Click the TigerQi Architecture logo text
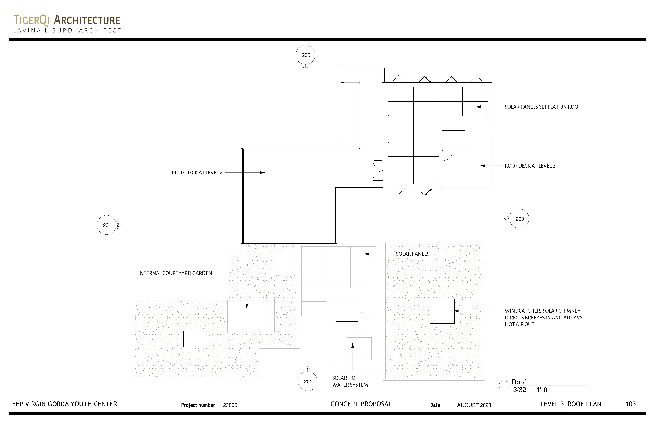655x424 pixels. click(x=67, y=20)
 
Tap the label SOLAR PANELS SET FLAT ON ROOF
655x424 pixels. click(x=542, y=107)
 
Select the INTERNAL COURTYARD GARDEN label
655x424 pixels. click(x=175, y=273)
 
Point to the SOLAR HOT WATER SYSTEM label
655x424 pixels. click(x=350, y=381)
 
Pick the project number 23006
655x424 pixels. click(x=230, y=405)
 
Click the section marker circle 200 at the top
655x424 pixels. click(x=306, y=55)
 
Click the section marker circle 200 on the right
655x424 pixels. click(x=519, y=219)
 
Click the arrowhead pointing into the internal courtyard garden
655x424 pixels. click(x=247, y=306)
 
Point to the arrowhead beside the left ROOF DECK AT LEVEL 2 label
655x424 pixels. click(x=263, y=173)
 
